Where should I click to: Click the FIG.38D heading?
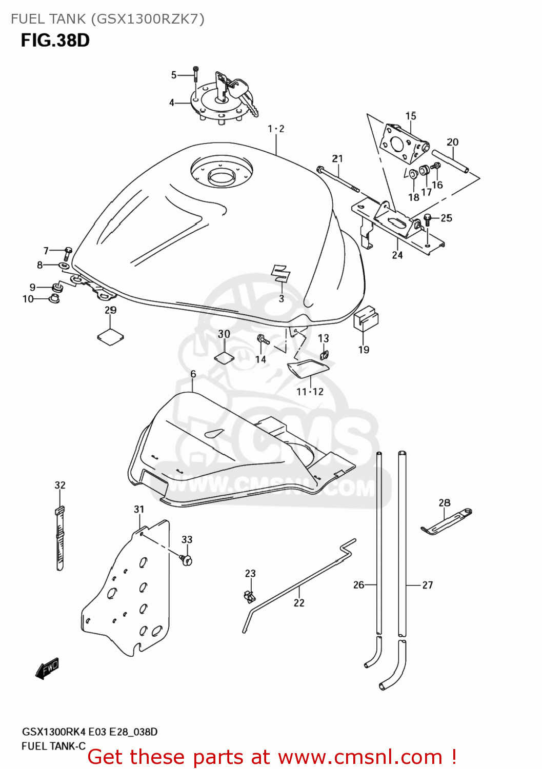[x=55, y=40]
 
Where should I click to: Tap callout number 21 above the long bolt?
[x=337, y=158]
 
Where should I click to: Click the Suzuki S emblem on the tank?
[x=280, y=273]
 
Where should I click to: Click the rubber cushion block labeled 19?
[x=366, y=318]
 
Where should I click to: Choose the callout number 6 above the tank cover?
[x=193, y=374]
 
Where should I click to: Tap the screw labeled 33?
[x=186, y=559]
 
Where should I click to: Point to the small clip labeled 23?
[x=249, y=596]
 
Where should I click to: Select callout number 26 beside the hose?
[x=358, y=584]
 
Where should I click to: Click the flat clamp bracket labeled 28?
[x=446, y=521]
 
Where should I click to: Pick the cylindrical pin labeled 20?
[x=450, y=161]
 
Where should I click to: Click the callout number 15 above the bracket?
[x=411, y=116]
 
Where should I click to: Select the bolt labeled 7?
[x=68, y=252]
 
